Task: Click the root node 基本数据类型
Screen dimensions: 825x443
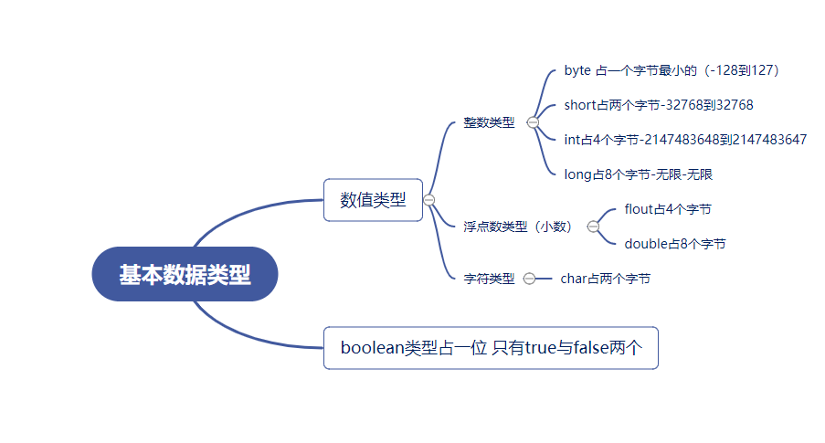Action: tap(185, 274)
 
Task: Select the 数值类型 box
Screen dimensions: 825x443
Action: tap(373, 200)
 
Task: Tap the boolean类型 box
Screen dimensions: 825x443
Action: tap(491, 348)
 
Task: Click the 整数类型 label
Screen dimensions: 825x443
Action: tap(489, 122)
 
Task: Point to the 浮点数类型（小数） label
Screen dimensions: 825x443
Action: tap(518, 227)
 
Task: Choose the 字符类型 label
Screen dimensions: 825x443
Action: tap(489, 279)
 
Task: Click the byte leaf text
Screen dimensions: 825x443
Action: tap(672, 70)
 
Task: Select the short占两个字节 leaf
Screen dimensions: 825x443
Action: tap(659, 105)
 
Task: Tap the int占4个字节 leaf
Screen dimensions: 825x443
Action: tap(685, 140)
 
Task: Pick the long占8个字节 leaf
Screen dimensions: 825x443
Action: tap(639, 174)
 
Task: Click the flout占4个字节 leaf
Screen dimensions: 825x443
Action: tap(668, 209)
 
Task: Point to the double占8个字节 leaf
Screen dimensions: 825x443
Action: tap(675, 244)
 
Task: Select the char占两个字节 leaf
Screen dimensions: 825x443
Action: tap(606, 279)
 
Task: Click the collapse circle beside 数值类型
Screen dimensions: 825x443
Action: tap(428, 200)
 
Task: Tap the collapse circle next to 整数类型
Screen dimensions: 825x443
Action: tap(533, 122)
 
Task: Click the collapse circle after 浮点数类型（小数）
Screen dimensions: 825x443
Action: tap(593, 227)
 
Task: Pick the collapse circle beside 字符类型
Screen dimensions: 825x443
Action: tap(529, 279)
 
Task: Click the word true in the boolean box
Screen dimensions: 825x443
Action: tap(540, 348)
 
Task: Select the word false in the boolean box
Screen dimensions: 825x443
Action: tap(591, 348)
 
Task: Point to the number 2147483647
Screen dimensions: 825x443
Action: tap(769, 140)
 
